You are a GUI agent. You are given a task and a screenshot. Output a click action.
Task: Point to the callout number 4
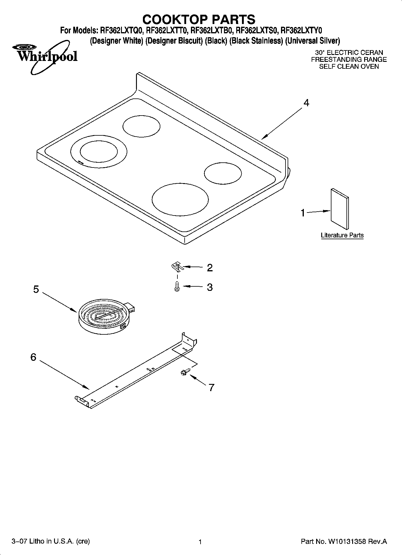point(306,103)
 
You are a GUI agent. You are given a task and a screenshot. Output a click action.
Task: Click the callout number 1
point(303,213)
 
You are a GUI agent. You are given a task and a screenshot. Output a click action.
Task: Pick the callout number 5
point(36,289)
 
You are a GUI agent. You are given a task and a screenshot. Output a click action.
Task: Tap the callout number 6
point(33,357)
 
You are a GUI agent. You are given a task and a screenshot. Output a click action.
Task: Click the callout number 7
point(212,388)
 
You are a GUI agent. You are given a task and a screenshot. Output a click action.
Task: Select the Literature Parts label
point(342,235)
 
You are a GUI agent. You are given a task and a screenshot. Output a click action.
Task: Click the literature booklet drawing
point(340,209)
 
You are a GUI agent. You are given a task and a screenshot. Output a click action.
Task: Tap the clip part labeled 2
point(177,266)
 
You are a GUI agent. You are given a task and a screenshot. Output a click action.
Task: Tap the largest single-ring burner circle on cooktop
point(180,199)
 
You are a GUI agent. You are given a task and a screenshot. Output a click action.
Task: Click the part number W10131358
point(347,541)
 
